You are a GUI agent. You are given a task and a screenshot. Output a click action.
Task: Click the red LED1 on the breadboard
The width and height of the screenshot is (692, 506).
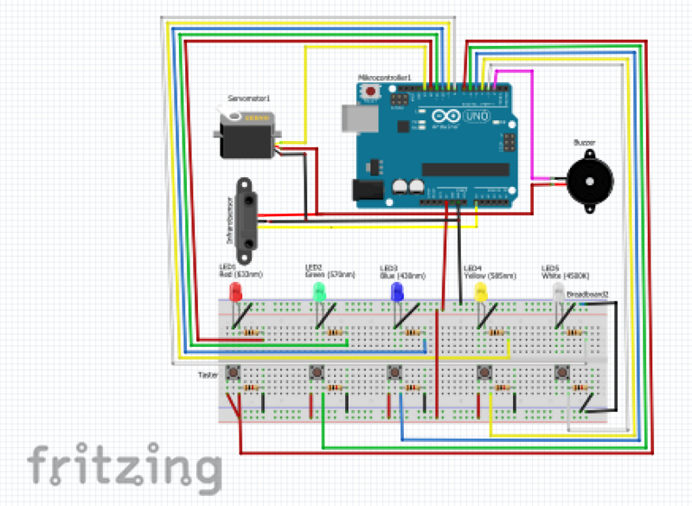coord(235,291)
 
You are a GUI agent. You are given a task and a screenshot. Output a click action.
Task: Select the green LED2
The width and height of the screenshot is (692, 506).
coord(319,291)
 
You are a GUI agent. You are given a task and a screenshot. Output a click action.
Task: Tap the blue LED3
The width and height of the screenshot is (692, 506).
coord(397,291)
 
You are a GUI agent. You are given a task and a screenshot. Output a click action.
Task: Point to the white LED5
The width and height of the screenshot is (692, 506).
coord(559,291)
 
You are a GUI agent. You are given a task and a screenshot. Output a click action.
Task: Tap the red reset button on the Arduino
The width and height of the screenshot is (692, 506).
coord(372,91)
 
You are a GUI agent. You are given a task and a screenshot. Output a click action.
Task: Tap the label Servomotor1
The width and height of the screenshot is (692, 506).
coord(249,99)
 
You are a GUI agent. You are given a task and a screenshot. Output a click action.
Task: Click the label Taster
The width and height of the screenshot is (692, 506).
coord(208,375)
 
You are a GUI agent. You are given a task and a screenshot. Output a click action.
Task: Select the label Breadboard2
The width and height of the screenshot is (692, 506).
coord(587,295)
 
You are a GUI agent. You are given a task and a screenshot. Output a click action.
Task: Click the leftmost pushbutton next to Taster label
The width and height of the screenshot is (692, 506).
coord(233,374)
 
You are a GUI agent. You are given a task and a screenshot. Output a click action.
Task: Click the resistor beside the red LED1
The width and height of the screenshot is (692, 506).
coord(252,332)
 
